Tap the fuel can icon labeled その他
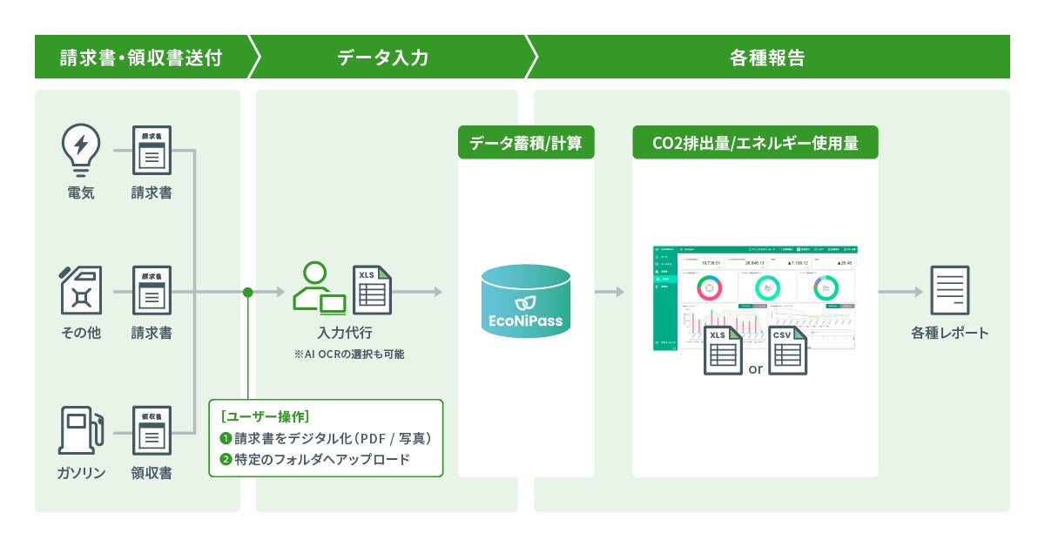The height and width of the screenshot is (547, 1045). pyautogui.click(x=81, y=290)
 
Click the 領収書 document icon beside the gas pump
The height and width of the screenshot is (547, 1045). pyautogui.click(x=152, y=430)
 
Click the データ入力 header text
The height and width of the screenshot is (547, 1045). pyautogui.click(x=382, y=57)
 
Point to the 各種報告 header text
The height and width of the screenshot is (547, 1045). pyautogui.click(x=766, y=57)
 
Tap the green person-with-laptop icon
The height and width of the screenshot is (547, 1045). pyautogui.click(x=318, y=288)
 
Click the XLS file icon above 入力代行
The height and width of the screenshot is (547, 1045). pyautogui.click(x=372, y=290)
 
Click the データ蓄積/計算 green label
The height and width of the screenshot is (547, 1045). pyautogui.click(x=526, y=143)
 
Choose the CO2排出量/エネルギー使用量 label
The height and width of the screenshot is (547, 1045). pyautogui.click(x=755, y=143)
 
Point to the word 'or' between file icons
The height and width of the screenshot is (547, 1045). pyautogui.click(x=755, y=368)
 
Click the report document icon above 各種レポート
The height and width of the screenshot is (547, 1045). pyautogui.click(x=949, y=291)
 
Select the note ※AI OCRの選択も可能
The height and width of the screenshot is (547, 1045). pyautogui.click(x=349, y=355)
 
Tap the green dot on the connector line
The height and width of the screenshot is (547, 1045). pyautogui.click(x=248, y=292)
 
